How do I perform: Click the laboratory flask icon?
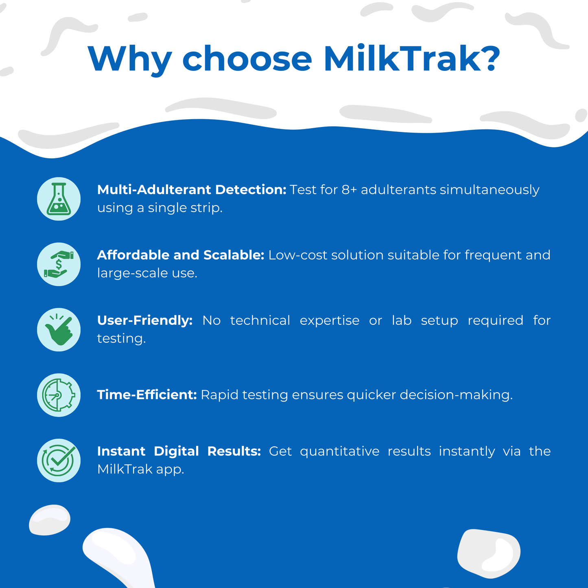tap(59, 199)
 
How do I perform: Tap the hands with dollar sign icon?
tap(59, 264)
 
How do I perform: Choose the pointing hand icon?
tap(59, 330)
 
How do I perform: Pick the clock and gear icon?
tap(59, 395)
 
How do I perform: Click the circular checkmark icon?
tap(59, 460)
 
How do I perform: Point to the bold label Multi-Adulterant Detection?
tap(192, 190)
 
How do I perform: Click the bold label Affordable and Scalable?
tap(181, 255)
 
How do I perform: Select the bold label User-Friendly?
tap(145, 321)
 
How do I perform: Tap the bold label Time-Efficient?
tap(147, 395)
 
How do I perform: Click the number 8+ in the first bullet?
tap(349, 190)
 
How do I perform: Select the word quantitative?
tap(340, 452)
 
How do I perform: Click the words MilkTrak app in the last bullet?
tap(141, 470)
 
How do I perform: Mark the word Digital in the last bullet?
tap(176, 452)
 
